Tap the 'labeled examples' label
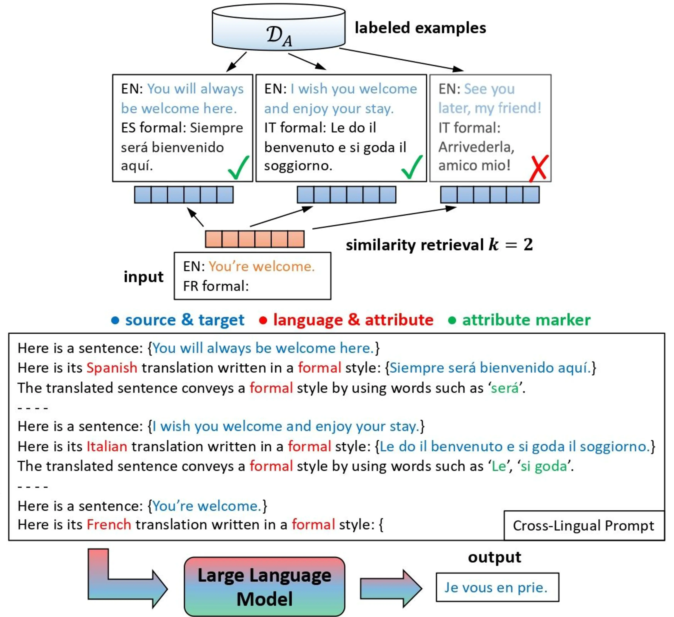420,28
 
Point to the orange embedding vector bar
255,239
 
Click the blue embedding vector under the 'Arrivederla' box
490,195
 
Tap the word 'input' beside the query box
143,277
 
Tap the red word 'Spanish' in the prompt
112,368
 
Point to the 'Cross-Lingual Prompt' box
583,525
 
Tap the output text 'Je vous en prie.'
496,588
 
